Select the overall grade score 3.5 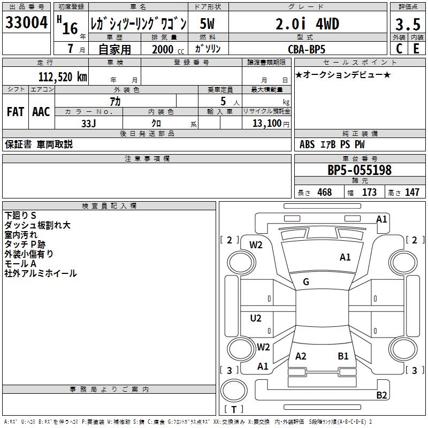coord(407,24)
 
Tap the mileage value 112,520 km coord(63,77)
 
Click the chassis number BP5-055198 coord(360,171)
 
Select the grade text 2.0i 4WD coord(307,24)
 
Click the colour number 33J coord(89,123)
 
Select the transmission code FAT coord(16,112)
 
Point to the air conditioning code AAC coord(41,112)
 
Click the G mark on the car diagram coord(306,281)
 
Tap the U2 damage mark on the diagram coord(256,318)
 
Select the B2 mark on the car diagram coord(381,395)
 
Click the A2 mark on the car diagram coord(301,356)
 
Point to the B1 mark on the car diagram coord(343,356)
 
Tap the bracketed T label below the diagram coord(234,409)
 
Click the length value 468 coord(324,193)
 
